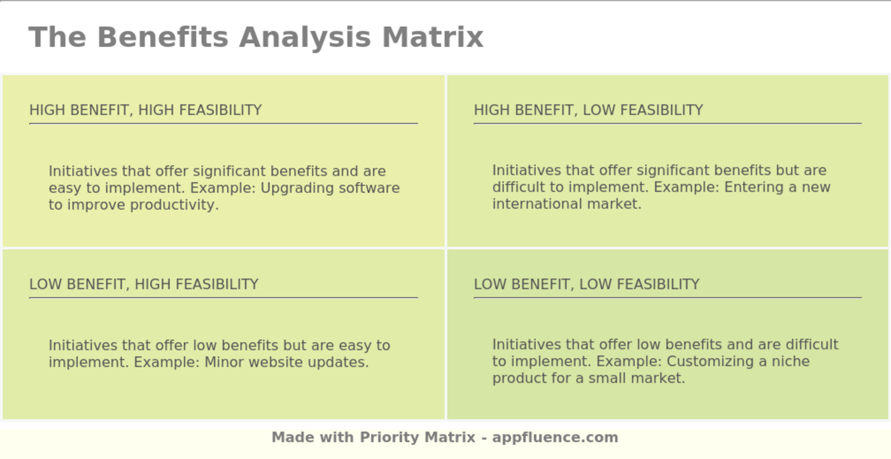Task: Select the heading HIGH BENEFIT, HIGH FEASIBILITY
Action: point(145,110)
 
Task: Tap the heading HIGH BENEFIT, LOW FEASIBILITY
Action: point(588,110)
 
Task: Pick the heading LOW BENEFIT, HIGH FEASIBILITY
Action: point(144,284)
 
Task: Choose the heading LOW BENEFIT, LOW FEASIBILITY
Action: point(586,284)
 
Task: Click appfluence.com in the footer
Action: point(555,437)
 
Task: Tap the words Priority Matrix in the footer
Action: point(417,437)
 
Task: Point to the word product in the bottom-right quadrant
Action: point(519,378)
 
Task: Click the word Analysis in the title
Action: point(305,37)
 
